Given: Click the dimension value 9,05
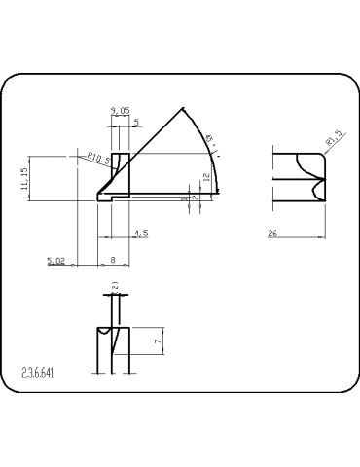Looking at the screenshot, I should click(x=121, y=113).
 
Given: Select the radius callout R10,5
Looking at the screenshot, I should click(x=97, y=155).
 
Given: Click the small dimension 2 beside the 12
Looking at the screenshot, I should click(x=195, y=198).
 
